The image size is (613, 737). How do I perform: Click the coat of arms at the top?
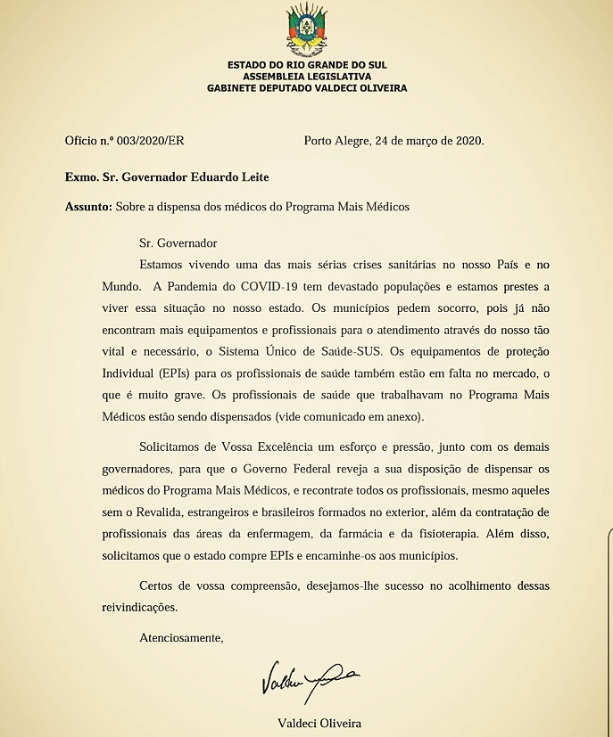coord(306,28)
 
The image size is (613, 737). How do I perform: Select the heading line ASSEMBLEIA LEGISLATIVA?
coord(306,77)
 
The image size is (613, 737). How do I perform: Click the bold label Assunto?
coord(88,207)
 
